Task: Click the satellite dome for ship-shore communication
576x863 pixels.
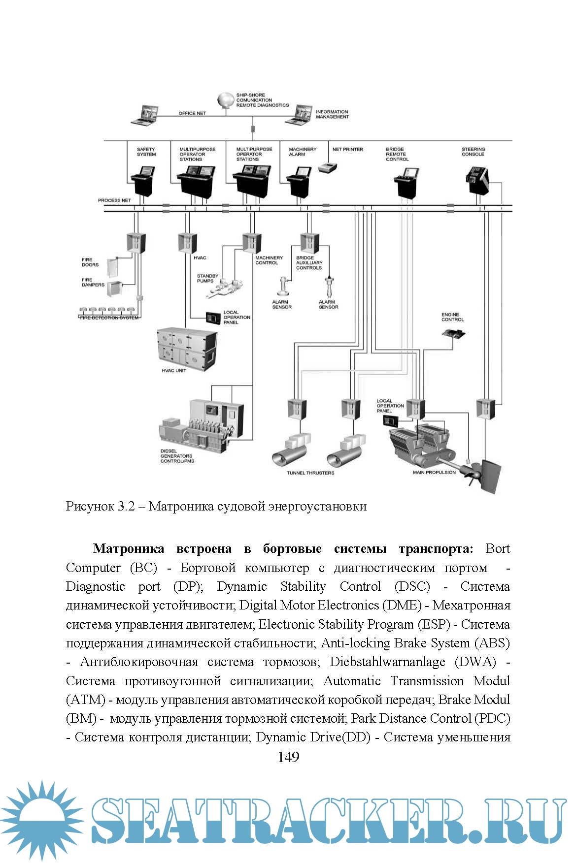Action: pos(225,100)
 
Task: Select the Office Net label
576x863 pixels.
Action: pos(192,113)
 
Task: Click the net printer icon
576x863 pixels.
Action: pos(327,167)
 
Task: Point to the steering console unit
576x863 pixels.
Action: pos(476,180)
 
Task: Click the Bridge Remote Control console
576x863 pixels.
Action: pos(407,182)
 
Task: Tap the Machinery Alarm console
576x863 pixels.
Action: pos(299,181)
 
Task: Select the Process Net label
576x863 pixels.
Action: pos(114,200)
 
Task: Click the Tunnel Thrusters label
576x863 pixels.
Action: pos(310,473)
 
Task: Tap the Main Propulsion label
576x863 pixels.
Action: pos(434,473)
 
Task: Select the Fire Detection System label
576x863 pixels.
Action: pos(109,318)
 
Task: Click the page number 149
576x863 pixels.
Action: pos(288,757)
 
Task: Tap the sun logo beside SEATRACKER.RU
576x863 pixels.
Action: pos(42,820)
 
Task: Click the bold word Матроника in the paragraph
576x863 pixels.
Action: pos(128,549)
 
